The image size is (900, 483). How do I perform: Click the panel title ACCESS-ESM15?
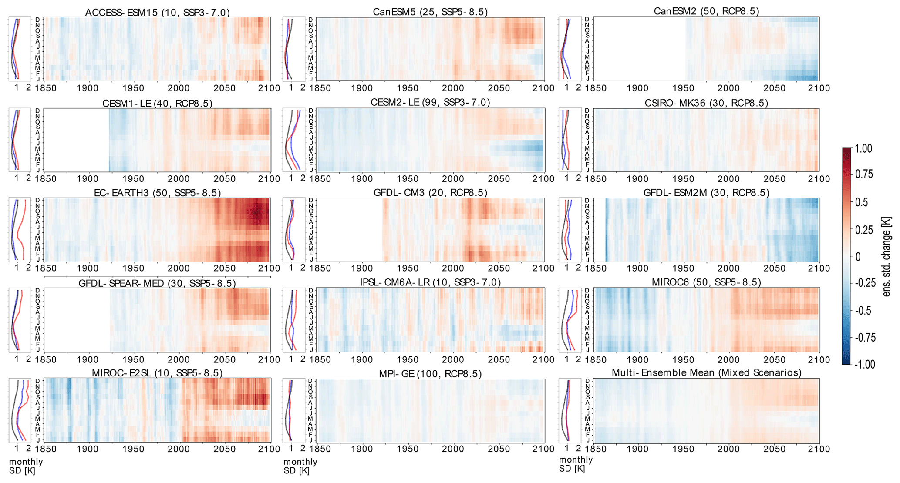[x=157, y=12]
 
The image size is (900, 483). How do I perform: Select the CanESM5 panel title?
[x=430, y=12]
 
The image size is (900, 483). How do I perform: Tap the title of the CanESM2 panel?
[x=706, y=11]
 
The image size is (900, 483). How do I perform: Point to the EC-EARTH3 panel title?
[x=157, y=193]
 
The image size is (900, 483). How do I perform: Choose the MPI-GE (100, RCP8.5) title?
[x=430, y=374]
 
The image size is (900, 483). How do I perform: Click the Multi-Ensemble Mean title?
[x=706, y=372]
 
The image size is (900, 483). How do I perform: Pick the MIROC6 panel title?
[x=706, y=282]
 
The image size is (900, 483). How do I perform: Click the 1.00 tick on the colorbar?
[x=863, y=149]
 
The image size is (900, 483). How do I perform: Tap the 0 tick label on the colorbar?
[x=858, y=257]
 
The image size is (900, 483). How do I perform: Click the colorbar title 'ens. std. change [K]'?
[x=887, y=257]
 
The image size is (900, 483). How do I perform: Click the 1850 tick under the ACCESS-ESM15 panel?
[x=45, y=88]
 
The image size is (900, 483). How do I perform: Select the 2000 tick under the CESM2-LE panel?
[x=453, y=179]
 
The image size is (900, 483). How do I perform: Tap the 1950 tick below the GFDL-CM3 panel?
[x=407, y=268]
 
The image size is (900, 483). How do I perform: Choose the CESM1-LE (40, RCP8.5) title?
[x=157, y=103]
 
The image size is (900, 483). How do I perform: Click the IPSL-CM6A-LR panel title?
[x=430, y=282]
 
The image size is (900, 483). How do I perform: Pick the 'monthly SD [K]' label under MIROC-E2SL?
[x=26, y=466]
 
